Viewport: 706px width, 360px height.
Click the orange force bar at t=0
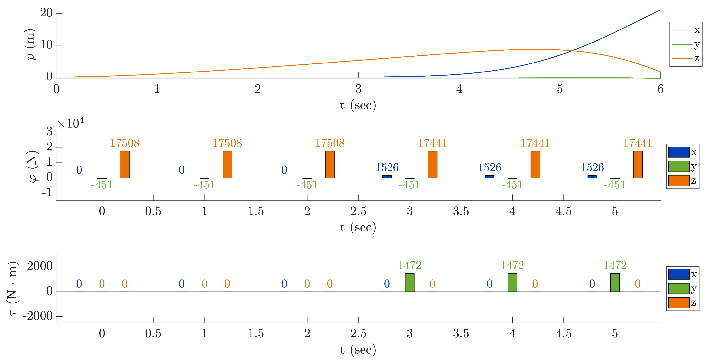(125, 164)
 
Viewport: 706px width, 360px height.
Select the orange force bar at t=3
(433, 164)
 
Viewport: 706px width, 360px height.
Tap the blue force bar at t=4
(489, 176)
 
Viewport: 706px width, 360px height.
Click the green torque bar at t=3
(410, 282)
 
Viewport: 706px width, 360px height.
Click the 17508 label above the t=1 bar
(227, 143)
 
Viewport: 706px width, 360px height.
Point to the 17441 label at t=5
(637, 143)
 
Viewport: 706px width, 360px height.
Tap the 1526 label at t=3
(387, 167)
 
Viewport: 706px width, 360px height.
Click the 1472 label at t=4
(512, 265)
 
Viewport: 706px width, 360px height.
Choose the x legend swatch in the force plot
(679, 152)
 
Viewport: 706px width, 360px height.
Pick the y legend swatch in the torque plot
(679, 289)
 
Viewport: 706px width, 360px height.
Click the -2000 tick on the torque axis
(38, 316)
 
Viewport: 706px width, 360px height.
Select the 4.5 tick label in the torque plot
(564, 334)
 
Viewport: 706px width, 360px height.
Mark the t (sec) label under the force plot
(358, 227)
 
